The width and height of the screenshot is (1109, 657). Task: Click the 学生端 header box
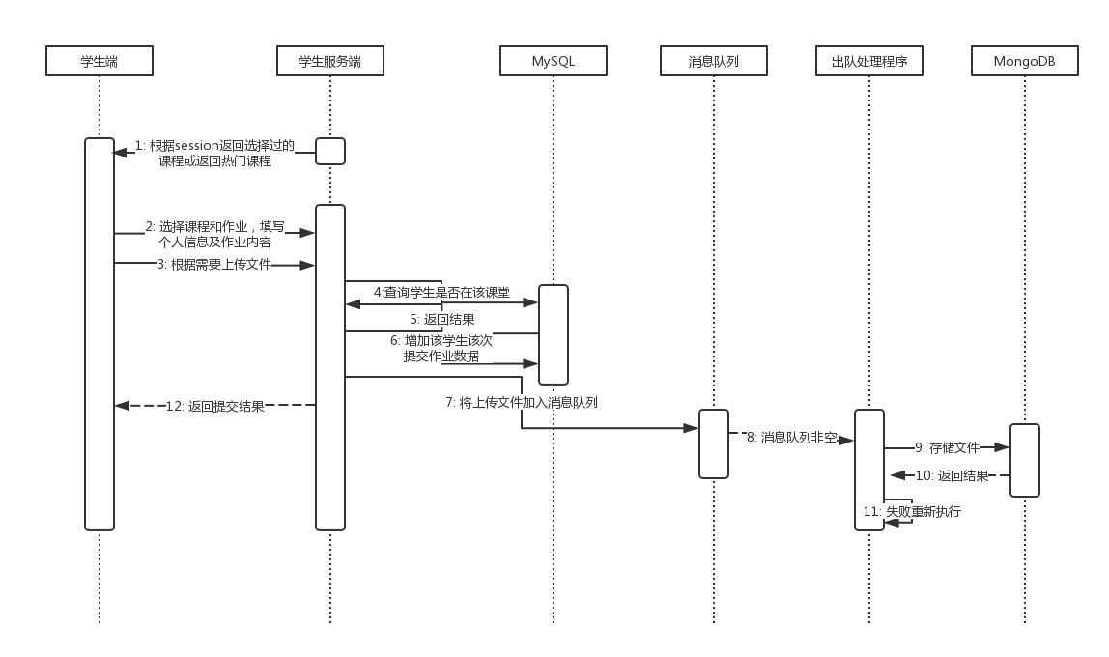point(100,62)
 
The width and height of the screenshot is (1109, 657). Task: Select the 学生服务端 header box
point(330,62)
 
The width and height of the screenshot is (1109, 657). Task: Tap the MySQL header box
point(554,62)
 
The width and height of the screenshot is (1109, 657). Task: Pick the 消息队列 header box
point(714,62)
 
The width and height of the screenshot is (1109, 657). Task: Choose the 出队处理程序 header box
point(869,62)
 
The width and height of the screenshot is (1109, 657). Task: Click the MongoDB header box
point(1025,62)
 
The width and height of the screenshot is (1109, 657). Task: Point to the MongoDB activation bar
point(1025,460)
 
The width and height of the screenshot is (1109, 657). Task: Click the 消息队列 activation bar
point(714,443)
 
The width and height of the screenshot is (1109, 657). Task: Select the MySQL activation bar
point(554,334)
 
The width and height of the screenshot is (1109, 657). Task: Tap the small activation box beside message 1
point(330,152)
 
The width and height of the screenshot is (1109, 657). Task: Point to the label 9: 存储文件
point(947,447)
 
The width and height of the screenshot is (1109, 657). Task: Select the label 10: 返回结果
point(952,475)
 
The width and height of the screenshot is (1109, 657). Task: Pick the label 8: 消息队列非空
point(791,438)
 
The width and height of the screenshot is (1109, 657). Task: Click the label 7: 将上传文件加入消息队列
point(522,402)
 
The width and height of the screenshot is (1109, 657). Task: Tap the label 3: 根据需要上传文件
point(213,264)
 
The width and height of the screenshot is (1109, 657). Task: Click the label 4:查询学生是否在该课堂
point(441,292)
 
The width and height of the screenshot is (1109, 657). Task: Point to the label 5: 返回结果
point(442,319)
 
